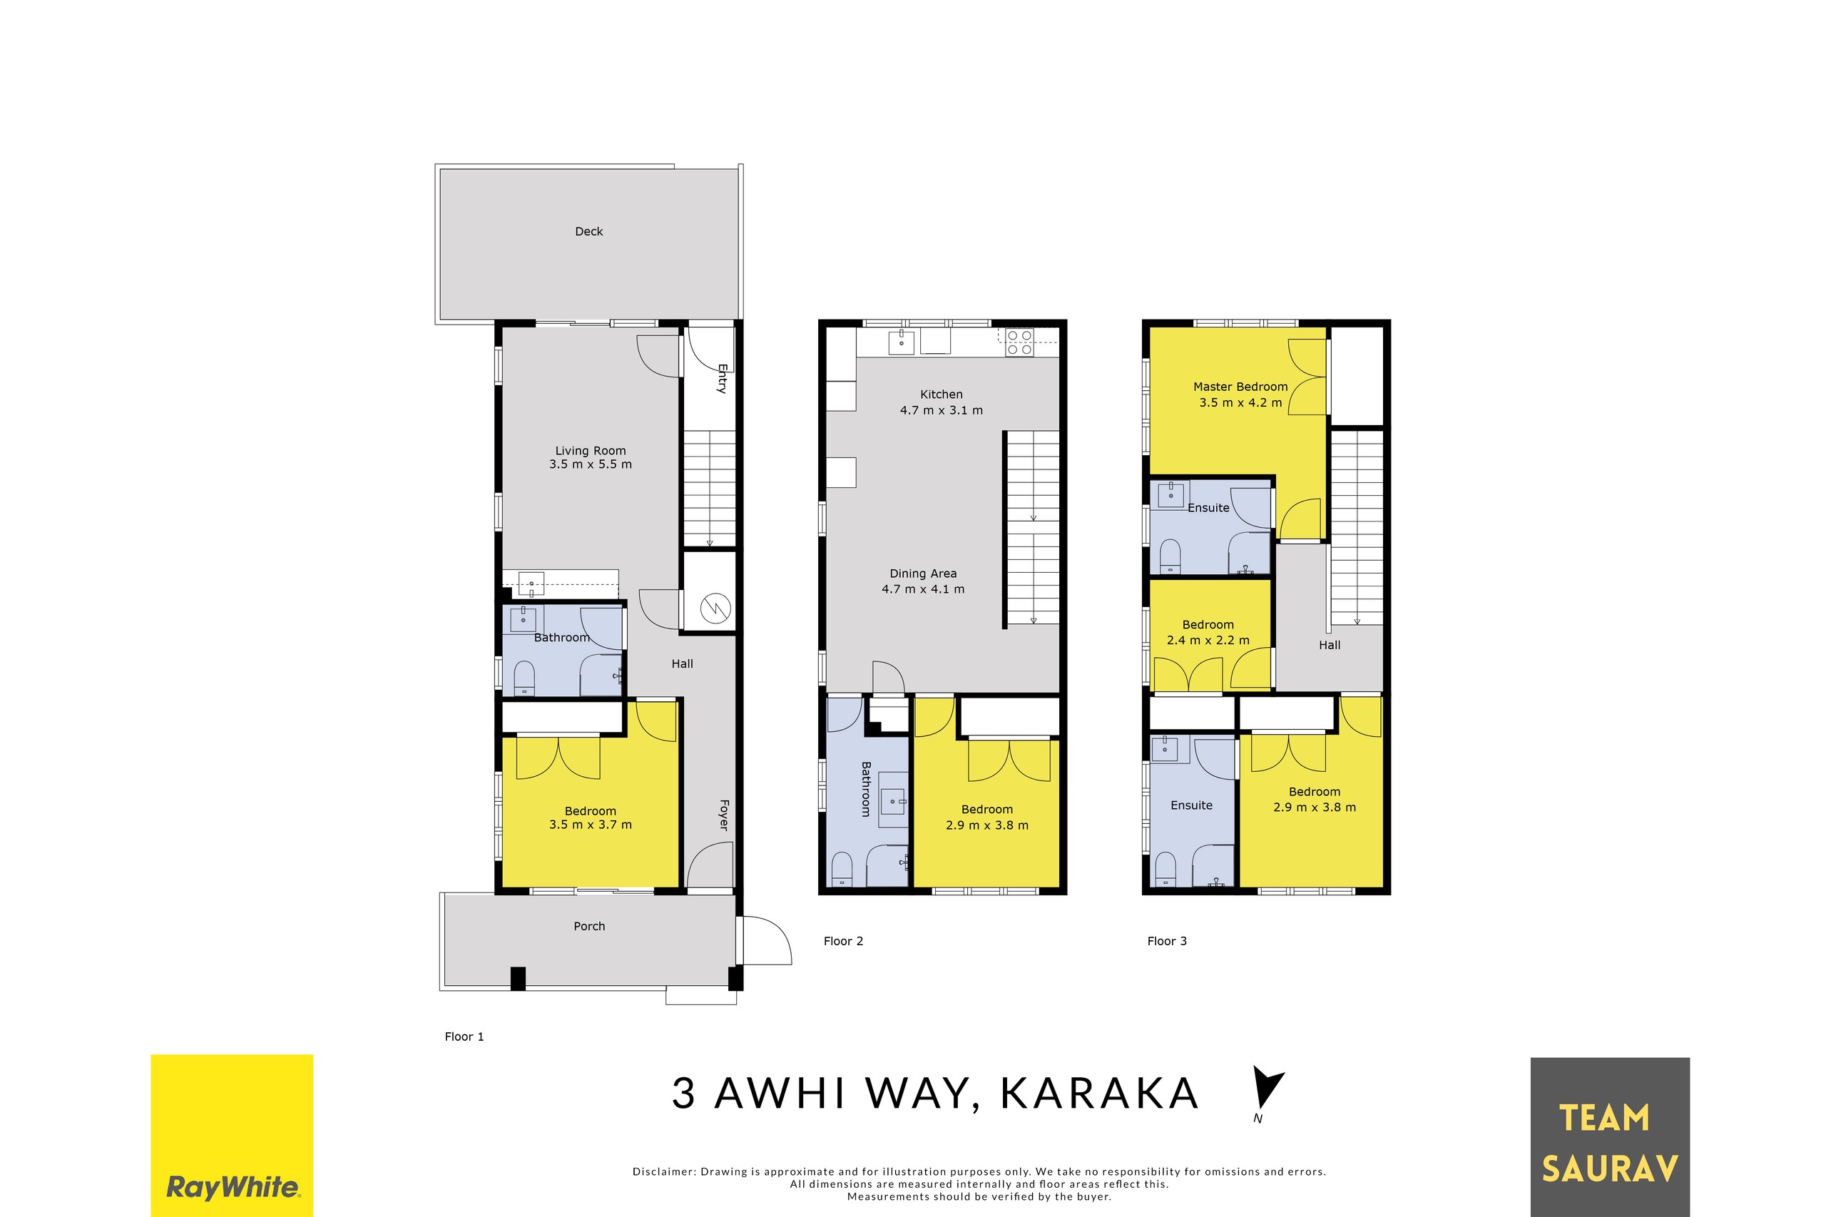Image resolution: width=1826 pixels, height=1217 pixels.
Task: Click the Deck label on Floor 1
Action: pyautogui.click(x=588, y=231)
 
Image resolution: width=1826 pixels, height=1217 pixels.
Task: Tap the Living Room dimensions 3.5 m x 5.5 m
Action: pyautogui.click(x=590, y=465)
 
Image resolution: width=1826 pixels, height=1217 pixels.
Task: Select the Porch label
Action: pyautogui.click(x=588, y=926)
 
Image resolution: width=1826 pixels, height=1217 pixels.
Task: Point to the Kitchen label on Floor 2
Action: pyautogui.click(x=941, y=394)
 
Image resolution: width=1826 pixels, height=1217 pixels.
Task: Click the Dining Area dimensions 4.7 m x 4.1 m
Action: pyautogui.click(x=922, y=589)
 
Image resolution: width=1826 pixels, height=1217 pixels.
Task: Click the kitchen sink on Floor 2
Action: pyautogui.click(x=900, y=341)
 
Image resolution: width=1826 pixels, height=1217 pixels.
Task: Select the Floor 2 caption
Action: pyautogui.click(x=843, y=942)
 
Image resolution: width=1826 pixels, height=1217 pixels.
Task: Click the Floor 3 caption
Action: pyautogui.click(x=1166, y=942)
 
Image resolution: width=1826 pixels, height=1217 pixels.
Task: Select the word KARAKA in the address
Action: pyautogui.click(x=1099, y=1094)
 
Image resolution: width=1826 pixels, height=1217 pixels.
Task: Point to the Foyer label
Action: pyautogui.click(x=723, y=815)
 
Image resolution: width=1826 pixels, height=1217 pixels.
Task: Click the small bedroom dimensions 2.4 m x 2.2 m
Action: pyautogui.click(x=1208, y=641)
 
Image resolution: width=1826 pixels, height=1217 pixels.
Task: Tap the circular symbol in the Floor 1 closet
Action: pyautogui.click(x=715, y=608)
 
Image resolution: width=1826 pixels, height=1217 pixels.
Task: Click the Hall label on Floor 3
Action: pyautogui.click(x=1329, y=645)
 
